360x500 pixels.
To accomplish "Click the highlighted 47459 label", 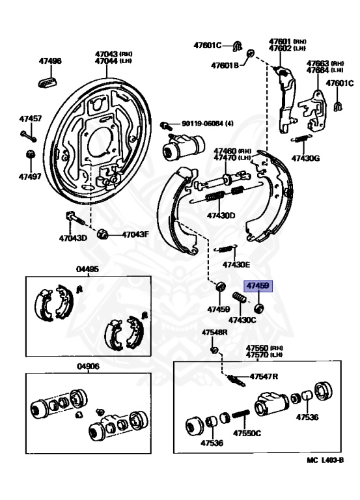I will click(x=257, y=285).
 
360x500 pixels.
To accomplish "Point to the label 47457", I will click(x=30, y=118).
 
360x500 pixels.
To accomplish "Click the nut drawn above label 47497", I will click(x=29, y=154).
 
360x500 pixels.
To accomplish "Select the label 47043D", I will click(x=73, y=238).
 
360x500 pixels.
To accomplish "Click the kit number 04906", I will click(x=87, y=367).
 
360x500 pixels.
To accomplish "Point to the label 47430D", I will click(x=221, y=215).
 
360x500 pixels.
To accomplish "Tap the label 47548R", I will click(x=214, y=332).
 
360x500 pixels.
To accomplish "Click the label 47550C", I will click(x=247, y=433).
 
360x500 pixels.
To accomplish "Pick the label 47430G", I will click(x=305, y=158).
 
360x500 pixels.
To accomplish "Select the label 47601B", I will click(x=225, y=65).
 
